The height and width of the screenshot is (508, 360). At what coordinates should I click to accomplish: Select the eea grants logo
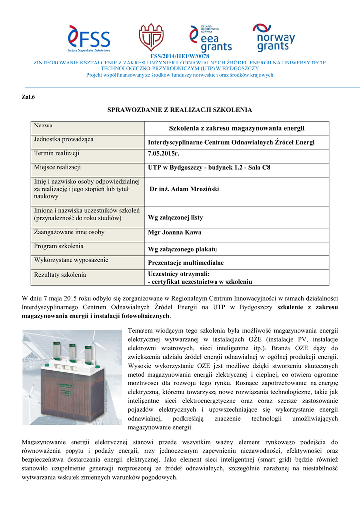[211, 38]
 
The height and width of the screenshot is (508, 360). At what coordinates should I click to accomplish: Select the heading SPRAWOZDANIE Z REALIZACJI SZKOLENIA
[180, 109]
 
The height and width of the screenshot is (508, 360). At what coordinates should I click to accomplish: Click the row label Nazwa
[43, 126]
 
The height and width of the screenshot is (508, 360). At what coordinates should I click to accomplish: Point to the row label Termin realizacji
[57, 154]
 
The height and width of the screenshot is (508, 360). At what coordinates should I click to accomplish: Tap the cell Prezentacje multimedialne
[186, 262]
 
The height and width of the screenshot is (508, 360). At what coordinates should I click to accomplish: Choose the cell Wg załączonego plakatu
[183, 249]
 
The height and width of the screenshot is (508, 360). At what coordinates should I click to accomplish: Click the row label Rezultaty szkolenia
[60, 274]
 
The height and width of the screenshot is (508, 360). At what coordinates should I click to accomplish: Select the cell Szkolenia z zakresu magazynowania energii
[236, 128]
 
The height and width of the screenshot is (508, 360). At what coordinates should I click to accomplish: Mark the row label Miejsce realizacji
[57, 168]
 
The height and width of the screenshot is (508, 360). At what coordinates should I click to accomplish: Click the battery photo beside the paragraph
[72, 377]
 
